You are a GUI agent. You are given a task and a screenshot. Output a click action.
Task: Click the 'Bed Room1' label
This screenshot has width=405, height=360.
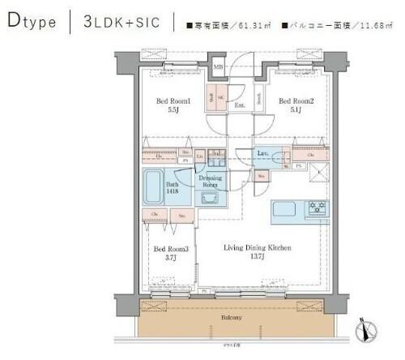pyautogui.click(x=173, y=101)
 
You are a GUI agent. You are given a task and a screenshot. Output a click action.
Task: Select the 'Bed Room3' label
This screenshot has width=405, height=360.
pyautogui.click(x=171, y=249)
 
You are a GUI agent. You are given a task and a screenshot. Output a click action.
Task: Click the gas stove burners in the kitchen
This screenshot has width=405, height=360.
pyautogui.click(x=316, y=208)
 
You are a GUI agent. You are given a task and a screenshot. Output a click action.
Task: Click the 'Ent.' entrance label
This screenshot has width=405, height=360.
pyautogui.click(x=240, y=105)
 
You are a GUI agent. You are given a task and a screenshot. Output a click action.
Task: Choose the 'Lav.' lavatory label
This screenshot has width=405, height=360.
pyautogui.click(x=263, y=152)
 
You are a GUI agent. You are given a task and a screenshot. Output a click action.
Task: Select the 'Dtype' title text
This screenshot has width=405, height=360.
pyautogui.click(x=32, y=22)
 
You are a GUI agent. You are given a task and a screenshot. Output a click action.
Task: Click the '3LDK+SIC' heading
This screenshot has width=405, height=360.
pyautogui.click(x=122, y=22)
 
